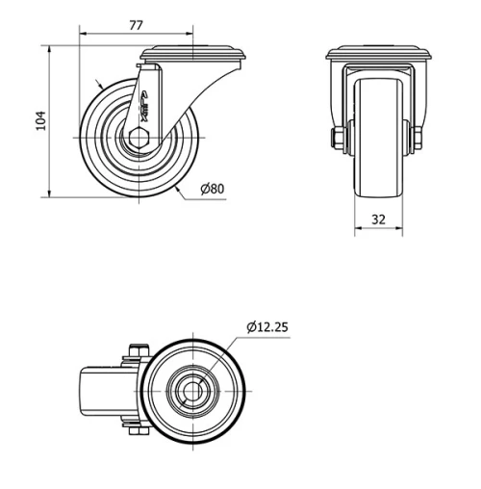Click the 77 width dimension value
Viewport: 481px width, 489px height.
[137, 26]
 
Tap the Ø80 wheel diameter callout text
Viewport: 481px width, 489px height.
[213, 189]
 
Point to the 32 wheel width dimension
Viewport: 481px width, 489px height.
[378, 219]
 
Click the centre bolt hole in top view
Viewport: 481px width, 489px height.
[196, 389]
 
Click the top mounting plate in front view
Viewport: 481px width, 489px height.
[378, 55]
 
